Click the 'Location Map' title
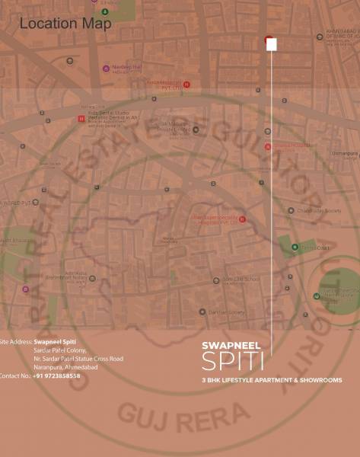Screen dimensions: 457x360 pyautogui.click(x=65, y=24)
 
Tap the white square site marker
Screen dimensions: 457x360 pyautogui.click(x=272, y=45)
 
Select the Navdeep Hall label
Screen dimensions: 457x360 pyautogui.click(x=128, y=68)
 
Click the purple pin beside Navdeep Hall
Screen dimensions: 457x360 pyautogui.click(x=106, y=69)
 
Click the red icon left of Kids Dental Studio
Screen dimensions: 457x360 pyautogui.click(x=81, y=119)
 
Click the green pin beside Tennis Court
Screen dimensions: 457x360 pyautogui.click(x=294, y=247)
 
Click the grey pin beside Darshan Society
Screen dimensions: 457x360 pyautogui.click(x=202, y=312)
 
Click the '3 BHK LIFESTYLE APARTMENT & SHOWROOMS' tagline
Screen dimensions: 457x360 pyautogui.click(x=272, y=379)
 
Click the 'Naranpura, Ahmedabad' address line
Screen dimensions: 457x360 pyautogui.click(x=67, y=367)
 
